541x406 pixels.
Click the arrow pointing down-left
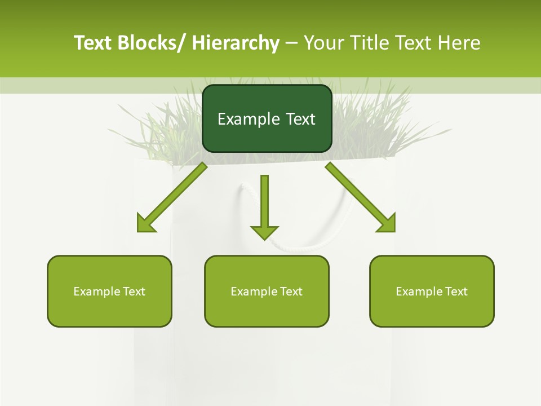pyautogui.click(x=172, y=197)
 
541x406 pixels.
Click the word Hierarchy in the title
pyautogui.click(x=235, y=43)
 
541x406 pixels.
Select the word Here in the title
pyautogui.click(x=459, y=43)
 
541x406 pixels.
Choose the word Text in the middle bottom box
pyautogui.click(x=291, y=292)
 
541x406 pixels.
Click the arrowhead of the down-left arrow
pyautogui.click(x=145, y=224)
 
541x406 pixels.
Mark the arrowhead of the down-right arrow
pyautogui.click(x=387, y=224)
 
